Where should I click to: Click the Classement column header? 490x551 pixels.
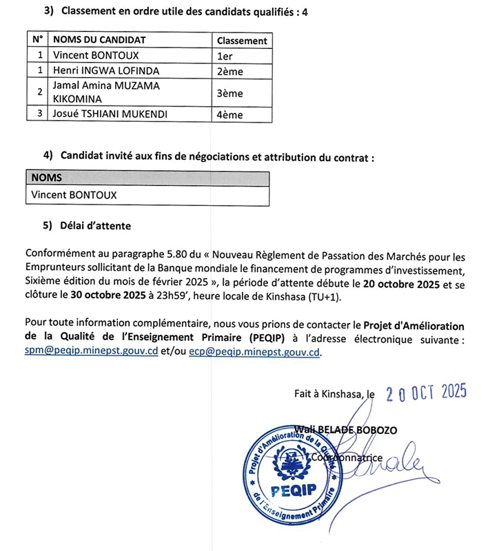241,41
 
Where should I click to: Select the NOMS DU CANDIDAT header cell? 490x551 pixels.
99,40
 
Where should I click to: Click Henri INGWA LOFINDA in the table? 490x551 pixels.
105,71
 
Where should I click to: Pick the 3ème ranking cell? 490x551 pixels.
229,92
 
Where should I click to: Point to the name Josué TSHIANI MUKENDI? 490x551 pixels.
110,114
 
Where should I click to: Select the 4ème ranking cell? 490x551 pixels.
229,114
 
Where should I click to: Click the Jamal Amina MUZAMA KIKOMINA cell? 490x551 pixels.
105,92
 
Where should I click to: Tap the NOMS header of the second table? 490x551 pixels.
46,178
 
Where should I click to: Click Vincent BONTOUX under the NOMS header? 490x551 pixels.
74,195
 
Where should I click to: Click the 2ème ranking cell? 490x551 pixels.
229,71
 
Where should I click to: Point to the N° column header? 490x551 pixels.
39,40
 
